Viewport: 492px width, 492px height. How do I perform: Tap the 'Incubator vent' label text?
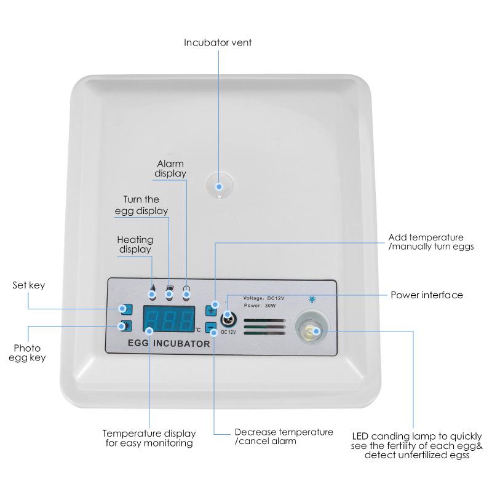coord(218,42)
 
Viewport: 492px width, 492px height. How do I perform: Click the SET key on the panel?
coord(126,309)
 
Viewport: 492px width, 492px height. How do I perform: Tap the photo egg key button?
coord(126,326)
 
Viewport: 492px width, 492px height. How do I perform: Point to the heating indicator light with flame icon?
coord(153,288)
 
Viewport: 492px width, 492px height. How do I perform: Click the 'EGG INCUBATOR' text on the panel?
coord(169,344)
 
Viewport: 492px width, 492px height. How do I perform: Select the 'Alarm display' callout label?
coord(170,169)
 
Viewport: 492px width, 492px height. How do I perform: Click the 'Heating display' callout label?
coord(135,244)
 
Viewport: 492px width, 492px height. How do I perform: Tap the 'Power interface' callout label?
coord(426,295)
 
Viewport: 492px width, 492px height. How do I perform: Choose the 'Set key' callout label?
coord(29,285)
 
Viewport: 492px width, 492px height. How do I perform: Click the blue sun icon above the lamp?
coord(311,299)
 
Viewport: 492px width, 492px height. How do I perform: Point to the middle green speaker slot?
coord(264,327)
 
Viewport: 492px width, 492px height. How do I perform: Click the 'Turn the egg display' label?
coord(141,205)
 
